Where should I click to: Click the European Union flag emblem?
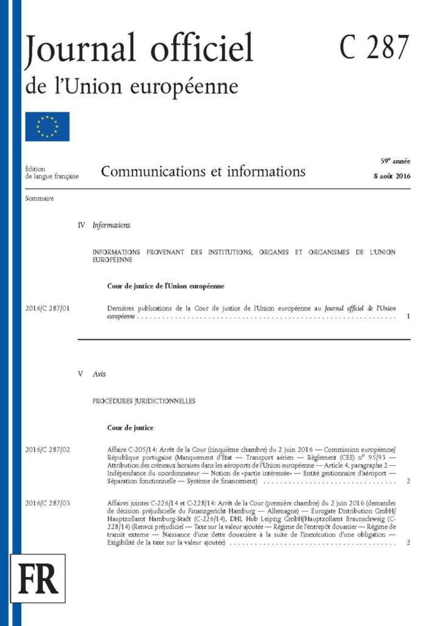point(48,127)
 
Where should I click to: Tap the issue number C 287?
point(374,47)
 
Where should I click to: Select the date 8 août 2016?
point(391,176)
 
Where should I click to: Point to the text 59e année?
point(395,161)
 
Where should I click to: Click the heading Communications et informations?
point(203,171)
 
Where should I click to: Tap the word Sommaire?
point(40,199)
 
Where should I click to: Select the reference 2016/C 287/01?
point(48,309)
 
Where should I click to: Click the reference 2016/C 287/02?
point(48,450)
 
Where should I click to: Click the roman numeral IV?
point(81,226)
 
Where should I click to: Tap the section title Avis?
point(99,374)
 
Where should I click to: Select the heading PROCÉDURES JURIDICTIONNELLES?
point(143,401)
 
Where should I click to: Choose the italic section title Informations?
point(111,226)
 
